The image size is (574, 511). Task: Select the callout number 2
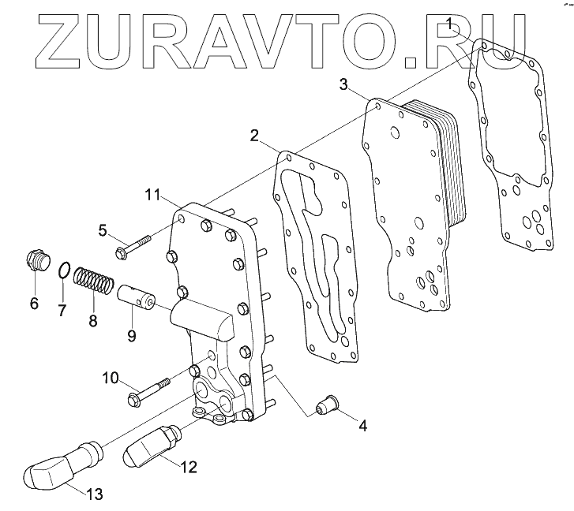click(x=255, y=135)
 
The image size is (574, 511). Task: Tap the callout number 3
click(x=343, y=84)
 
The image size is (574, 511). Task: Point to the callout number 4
click(x=362, y=426)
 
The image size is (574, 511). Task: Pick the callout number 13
click(x=94, y=494)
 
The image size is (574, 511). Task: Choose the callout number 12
click(x=188, y=467)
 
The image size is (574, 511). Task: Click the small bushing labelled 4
click(x=324, y=407)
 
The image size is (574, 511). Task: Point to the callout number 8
click(x=92, y=321)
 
